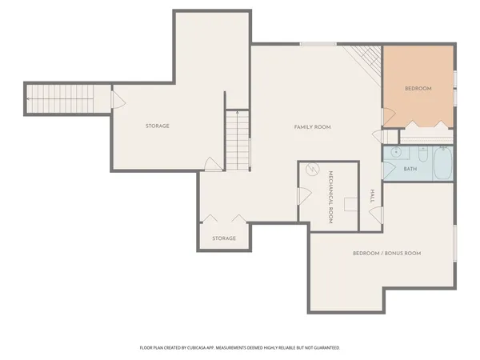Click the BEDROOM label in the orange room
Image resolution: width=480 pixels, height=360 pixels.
pyautogui.click(x=418, y=89)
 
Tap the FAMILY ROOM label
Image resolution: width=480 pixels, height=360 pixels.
pyautogui.click(x=312, y=127)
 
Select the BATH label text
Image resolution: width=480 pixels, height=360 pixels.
pyautogui.click(x=410, y=169)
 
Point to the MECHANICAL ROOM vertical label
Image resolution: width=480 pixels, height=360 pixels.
pyautogui.click(x=330, y=201)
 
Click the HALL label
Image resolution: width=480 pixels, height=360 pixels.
pyautogui.click(x=372, y=196)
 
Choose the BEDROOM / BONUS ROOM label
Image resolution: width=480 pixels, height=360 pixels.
pyautogui.click(x=386, y=253)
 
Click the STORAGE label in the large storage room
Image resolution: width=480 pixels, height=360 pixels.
pyautogui.click(x=157, y=126)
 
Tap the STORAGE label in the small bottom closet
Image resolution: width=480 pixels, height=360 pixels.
pyautogui.click(x=224, y=238)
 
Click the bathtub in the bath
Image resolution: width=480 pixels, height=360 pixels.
pyautogui.click(x=442, y=166)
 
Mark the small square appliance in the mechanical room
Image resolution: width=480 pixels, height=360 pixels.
pyautogui.click(x=350, y=205)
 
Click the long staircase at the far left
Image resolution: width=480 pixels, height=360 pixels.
pyautogui.click(x=64, y=98)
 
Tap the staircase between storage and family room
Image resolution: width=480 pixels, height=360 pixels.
pyautogui.click(x=238, y=140)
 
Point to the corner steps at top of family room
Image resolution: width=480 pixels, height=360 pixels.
pyautogui.click(x=366, y=58)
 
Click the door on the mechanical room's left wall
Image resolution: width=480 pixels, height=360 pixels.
pyautogui.click(x=303, y=195)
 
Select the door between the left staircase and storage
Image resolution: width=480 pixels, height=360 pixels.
pyautogui.click(x=116, y=99)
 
